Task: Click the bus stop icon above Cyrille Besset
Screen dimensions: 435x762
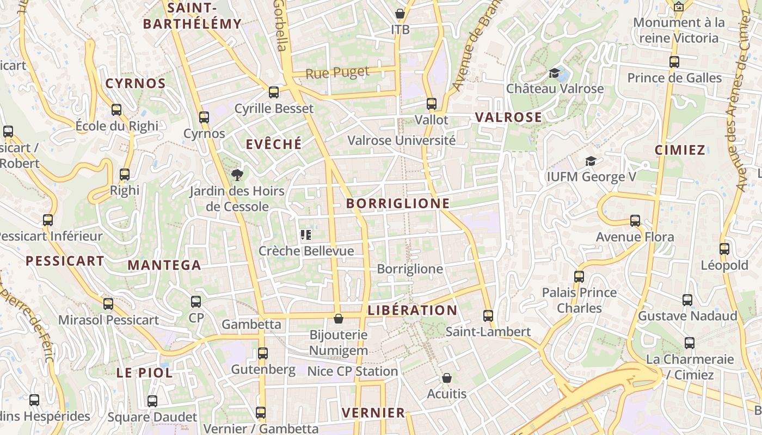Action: (274, 92)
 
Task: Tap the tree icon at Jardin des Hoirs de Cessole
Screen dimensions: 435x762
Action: (237, 175)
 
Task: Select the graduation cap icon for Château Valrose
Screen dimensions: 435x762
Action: (555, 73)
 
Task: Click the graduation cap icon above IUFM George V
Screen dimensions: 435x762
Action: (591, 161)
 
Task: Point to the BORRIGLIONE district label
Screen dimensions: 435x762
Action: (398, 203)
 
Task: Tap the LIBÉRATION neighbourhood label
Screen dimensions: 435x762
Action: (413, 310)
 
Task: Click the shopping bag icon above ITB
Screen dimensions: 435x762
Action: (400, 14)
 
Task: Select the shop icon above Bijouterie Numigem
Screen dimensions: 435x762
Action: (339, 319)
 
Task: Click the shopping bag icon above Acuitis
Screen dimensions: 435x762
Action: (447, 377)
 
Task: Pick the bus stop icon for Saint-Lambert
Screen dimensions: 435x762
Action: (488, 315)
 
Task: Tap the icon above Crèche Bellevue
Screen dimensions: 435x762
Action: (306, 235)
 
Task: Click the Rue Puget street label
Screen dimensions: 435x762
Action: (337, 73)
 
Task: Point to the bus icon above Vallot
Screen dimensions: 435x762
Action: (432, 103)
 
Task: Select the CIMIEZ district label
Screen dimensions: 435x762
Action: (680, 150)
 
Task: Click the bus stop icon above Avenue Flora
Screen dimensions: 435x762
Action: (635, 221)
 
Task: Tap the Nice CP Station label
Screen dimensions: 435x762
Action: (353, 371)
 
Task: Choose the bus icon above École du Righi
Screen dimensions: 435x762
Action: (116, 110)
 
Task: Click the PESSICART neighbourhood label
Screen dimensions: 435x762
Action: (65, 261)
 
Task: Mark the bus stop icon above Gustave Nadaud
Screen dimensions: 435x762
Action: (687, 300)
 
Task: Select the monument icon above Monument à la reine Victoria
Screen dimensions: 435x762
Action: (679, 7)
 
